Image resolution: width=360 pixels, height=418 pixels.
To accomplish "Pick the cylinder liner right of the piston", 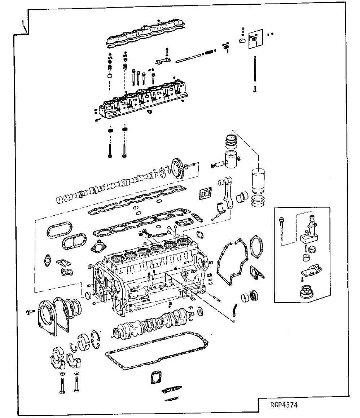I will click(x=259, y=180).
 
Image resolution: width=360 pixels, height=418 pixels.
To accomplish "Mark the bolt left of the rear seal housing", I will click(x=30, y=312).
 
